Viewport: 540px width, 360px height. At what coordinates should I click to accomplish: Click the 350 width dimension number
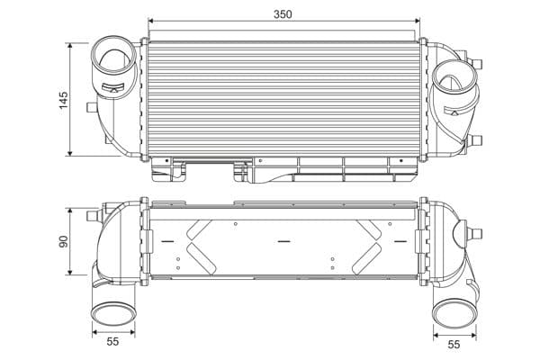pyautogui.click(x=283, y=13)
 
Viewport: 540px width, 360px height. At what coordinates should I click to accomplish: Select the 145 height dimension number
pyautogui.click(x=63, y=98)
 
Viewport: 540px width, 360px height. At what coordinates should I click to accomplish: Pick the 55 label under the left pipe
pyautogui.click(x=112, y=343)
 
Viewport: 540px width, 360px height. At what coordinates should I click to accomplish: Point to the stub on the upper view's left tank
pyautogui.click(x=90, y=107)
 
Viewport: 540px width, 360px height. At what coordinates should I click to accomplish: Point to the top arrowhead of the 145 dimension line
pyautogui.click(x=72, y=44)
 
